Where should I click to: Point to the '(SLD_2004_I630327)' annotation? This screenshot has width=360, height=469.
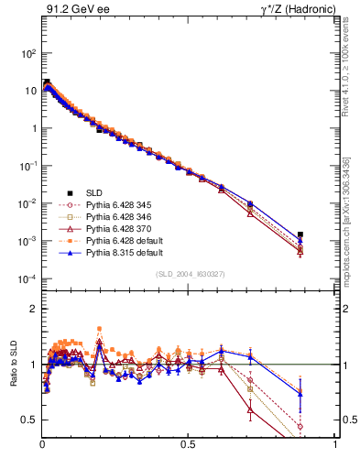[x=190, y=273]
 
